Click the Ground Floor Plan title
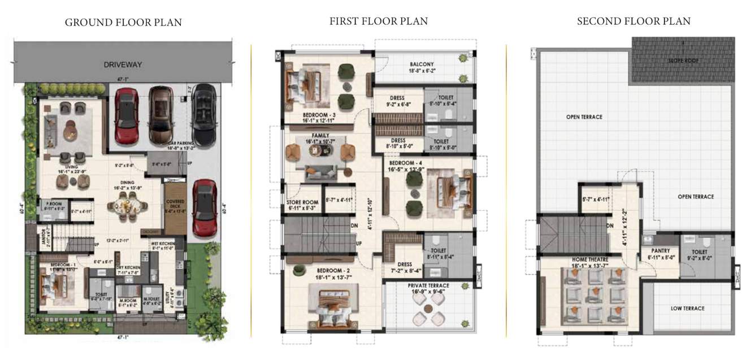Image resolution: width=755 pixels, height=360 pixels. [123, 23]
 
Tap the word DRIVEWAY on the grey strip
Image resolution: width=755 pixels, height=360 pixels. [123, 64]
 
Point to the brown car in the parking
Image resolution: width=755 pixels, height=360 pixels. [161, 116]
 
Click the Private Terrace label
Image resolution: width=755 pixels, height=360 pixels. [428, 286]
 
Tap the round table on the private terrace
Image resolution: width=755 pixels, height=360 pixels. [428, 309]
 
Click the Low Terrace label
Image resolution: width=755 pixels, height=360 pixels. [687, 309]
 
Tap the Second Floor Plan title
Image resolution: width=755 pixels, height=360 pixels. [633, 21]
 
